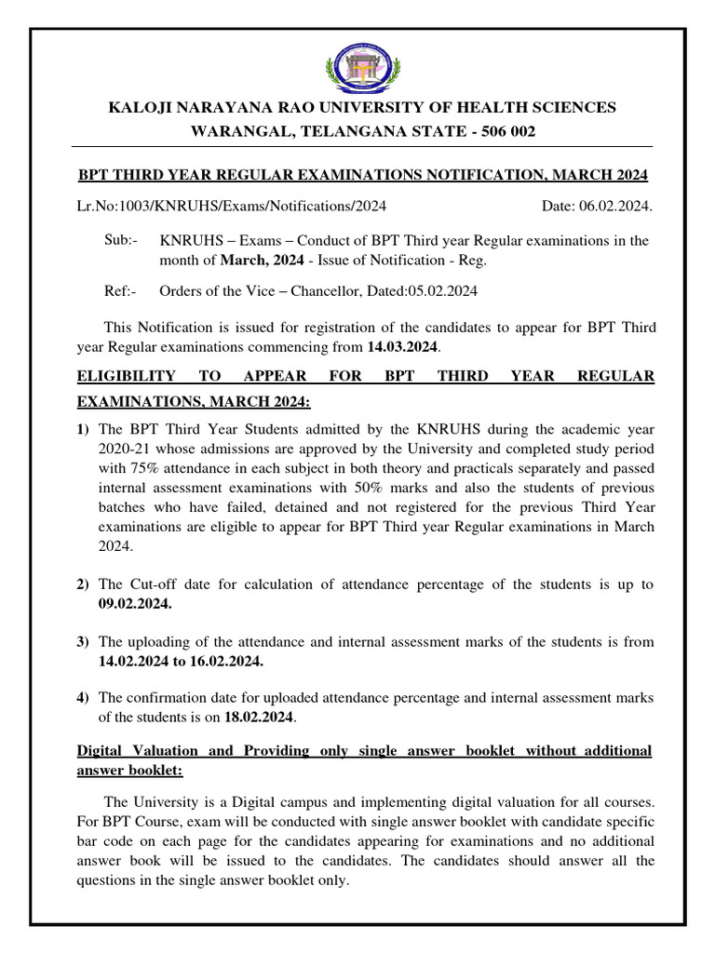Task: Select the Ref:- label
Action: [x=120, y=291]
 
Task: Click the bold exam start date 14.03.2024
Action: [x=401, y=347]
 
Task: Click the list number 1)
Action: [x=83, y=429]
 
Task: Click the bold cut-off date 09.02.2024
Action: [x=135, y=603]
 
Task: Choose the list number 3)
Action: [x=83, y=642]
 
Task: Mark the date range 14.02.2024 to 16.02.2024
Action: [x=181, y=661]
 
